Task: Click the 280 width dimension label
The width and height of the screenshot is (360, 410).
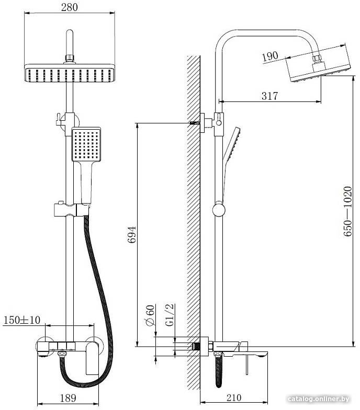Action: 69,7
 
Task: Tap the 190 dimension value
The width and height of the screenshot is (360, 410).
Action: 270,56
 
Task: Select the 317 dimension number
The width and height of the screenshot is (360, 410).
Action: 269,96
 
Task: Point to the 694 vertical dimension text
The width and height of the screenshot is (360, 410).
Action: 132,235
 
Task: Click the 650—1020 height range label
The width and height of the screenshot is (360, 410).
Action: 347,211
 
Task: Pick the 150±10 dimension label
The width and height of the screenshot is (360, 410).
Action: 22,320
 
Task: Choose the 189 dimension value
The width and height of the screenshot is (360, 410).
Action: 68,398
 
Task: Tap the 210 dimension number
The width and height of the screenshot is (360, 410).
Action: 233,397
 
